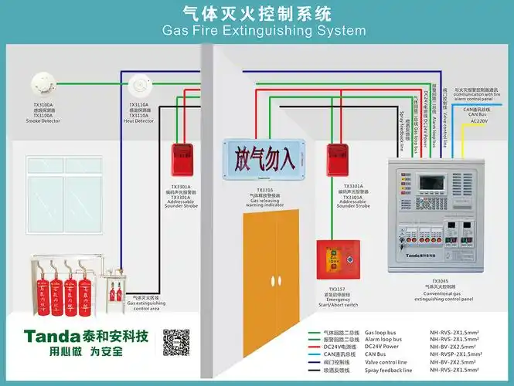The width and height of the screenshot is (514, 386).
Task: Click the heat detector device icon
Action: pyautogui.click(x=139, y=83)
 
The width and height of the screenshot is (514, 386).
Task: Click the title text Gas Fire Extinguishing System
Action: pyautogui.click(x=263, y=31)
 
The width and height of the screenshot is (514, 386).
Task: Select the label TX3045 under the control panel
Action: pyautogui.click(x=440, y=281)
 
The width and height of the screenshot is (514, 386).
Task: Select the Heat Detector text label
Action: pyautogui.click(x=139, y=120)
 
